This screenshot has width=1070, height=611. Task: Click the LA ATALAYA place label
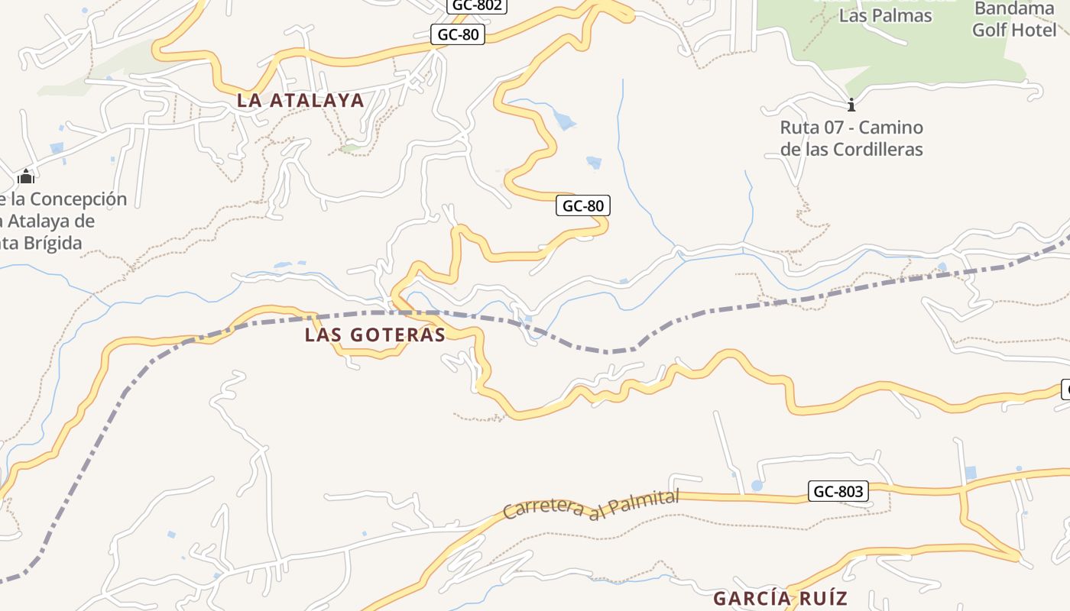[x=300, y=100]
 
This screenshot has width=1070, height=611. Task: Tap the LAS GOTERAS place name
[x=374, y=335]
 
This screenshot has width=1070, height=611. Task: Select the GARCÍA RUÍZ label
[x=780, y=598]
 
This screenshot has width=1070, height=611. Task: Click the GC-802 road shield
[x=477, y=5]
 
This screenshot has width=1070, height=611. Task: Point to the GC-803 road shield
[x=838, y=491]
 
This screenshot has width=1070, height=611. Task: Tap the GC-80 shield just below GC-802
[x=459, y=34]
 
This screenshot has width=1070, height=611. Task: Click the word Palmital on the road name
[x=644, y=503]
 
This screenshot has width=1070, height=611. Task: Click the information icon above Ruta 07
[x=851, y=105]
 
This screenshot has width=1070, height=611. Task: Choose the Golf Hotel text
[x=1014, y=31]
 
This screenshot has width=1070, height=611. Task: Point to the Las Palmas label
[x=885, y=15]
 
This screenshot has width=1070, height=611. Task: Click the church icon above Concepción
[x=26, y=177]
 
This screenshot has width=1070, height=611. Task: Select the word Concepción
[x=79, y=199]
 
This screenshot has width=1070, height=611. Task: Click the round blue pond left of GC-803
[x=757, y=486]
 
